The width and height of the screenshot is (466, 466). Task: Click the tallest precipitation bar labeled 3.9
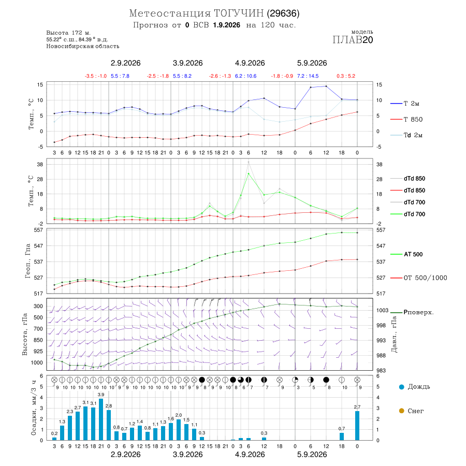point(101,419)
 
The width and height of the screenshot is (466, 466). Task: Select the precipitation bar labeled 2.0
point(179,429)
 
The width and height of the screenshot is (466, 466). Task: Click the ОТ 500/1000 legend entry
point(418,278)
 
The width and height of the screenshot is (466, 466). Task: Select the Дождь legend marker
point(401,387)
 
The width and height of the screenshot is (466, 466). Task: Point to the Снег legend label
point(415,411)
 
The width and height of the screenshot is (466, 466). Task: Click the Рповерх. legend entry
point(412,312)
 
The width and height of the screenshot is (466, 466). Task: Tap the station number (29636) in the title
point(283,13)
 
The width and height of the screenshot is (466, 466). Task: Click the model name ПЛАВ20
point(353,40)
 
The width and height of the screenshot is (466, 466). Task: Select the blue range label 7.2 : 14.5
point(308,76)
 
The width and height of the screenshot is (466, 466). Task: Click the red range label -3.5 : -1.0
point(95,76)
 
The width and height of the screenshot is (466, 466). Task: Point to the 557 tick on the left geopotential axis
point(39,230)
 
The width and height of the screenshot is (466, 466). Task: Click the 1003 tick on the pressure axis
point(382,310)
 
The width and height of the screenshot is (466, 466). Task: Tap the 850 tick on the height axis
point(38,340)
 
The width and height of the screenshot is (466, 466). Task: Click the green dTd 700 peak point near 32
point(249,173)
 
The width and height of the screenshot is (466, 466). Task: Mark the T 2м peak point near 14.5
point(326,86)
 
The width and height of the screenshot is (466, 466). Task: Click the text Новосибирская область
point(83,47)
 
